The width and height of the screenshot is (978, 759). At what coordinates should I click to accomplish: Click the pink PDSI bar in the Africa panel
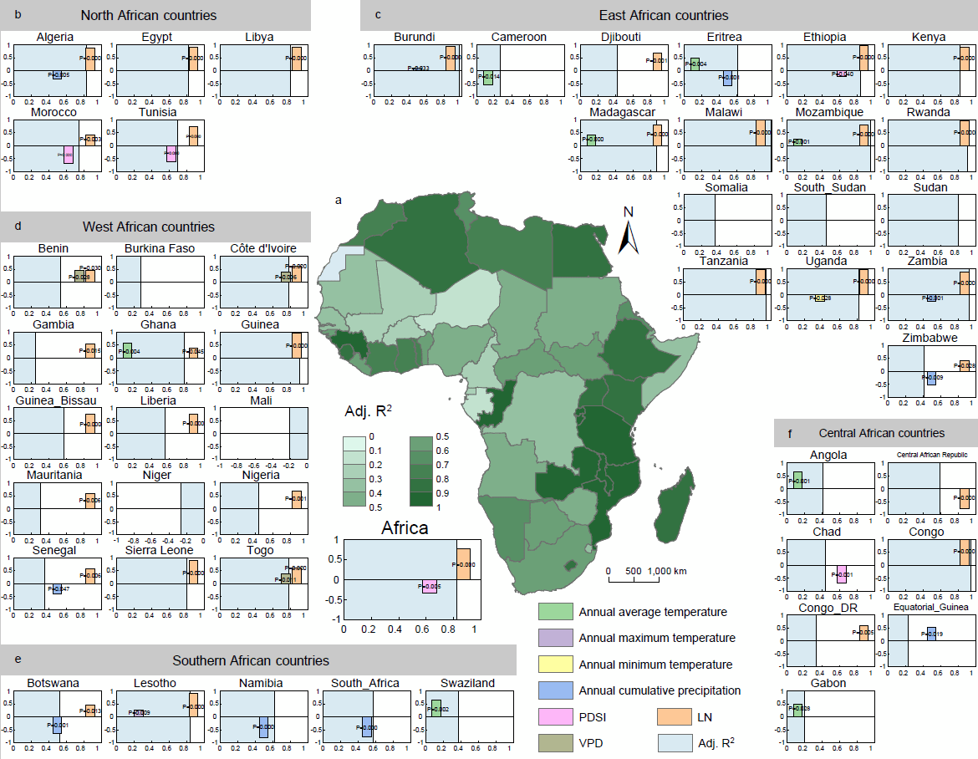pyautogui.click(x=430, y=587)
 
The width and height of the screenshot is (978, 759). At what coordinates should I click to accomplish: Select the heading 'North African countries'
pyautogui.click(x=148, y=15)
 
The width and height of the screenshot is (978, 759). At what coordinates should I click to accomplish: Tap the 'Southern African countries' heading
pyautogui.click(x=251, y=660)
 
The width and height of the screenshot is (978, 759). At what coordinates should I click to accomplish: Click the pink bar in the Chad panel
pyautogui.click(x=841, y=574)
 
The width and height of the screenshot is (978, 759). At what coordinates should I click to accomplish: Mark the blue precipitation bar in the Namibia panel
pyautogui.click(x=263, y=726)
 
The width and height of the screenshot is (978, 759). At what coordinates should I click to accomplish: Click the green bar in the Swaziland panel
pyautogui.click(x=436, y=708)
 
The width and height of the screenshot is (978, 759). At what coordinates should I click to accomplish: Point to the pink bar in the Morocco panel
pyautogui.click(x=69, y=155)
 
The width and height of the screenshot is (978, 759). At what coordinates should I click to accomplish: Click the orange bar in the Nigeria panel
pyautogui.click(x=296, y=500)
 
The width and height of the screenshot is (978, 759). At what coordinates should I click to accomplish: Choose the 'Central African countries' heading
pyautogui.click(x=882, y=433)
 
